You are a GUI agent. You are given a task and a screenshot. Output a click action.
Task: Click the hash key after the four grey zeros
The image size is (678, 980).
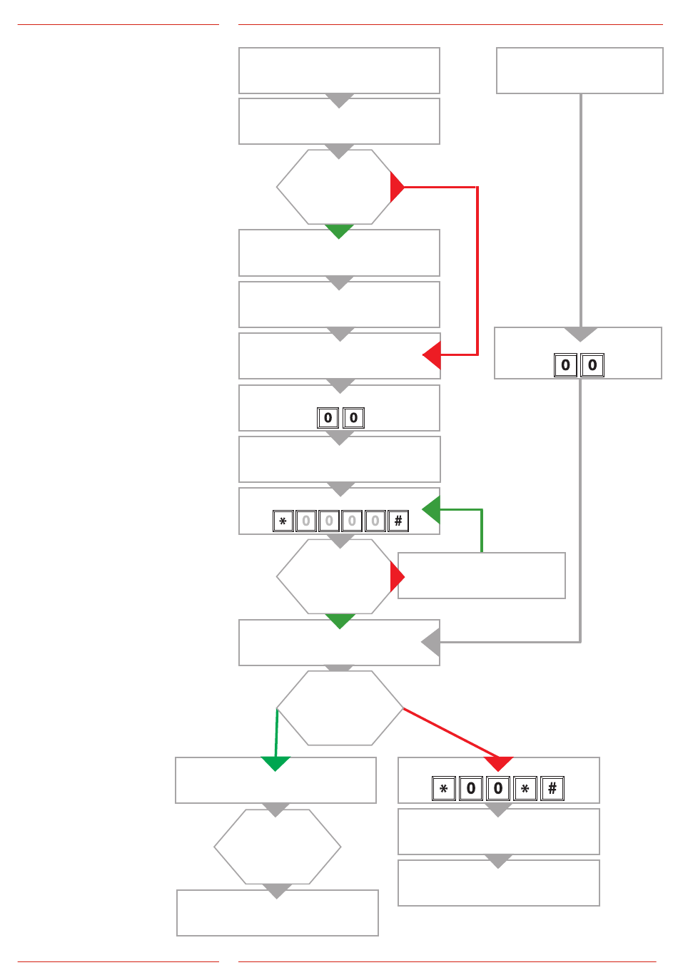click(x=398, y=521)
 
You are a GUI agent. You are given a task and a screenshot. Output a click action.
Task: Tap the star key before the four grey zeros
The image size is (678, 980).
click(x=283, y=521)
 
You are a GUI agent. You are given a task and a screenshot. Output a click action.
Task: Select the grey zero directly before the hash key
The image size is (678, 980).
click(x=375, y=521)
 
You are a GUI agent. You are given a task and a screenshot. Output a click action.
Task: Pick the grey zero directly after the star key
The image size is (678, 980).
click(x=306, y=521)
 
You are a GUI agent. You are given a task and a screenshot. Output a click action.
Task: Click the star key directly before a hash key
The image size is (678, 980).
click(x=525, y=789)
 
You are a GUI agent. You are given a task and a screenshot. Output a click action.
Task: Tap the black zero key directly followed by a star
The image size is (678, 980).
click(x=498, y=789)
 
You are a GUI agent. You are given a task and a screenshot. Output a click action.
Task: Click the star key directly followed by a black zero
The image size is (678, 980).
click(x=444, y=789)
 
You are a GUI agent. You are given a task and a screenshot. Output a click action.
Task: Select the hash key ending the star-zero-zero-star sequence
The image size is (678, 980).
click(x=552, y=789)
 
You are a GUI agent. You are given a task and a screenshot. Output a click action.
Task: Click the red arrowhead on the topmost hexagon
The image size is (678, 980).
click(x=397, y=188)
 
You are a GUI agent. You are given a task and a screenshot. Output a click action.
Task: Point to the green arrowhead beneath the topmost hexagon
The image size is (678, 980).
click(x=339, y=230)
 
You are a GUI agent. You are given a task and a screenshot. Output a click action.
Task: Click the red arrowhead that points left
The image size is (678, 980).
click(x=432, y=354)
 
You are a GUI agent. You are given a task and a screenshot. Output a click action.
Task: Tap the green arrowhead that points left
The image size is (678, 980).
click(x=431, y=509)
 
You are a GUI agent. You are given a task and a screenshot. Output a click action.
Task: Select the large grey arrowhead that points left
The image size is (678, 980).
click(x=430, y=643)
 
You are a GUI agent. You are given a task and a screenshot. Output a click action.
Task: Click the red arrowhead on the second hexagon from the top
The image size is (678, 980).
click(x=397, y=576)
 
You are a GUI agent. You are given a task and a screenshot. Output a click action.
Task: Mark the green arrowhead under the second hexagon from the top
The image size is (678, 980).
click(x=340, y=620)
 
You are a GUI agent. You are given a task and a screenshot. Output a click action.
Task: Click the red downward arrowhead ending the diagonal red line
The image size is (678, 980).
click(x=499, y=764)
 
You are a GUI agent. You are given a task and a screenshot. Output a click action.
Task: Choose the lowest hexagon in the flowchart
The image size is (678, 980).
click(x=277, y=847)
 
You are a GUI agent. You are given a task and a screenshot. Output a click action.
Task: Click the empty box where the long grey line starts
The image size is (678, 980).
click(x=580, y=71)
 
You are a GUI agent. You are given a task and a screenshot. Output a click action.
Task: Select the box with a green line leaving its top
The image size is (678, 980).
click(x=482, y=576)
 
